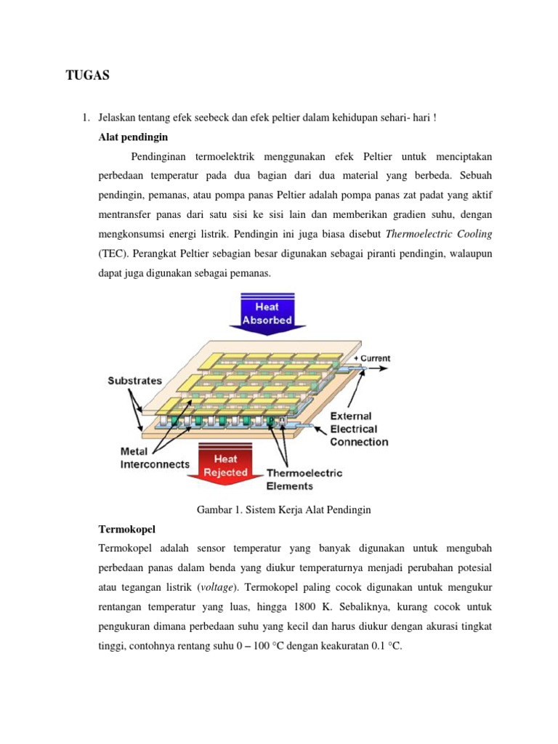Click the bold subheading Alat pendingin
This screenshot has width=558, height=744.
coord(133,137)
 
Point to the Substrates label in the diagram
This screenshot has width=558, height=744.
coord(135,380)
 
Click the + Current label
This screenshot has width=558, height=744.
coord(371,358)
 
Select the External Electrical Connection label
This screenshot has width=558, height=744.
coord(359,429)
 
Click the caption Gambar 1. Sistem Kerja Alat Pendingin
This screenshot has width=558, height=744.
coord(284,510)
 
